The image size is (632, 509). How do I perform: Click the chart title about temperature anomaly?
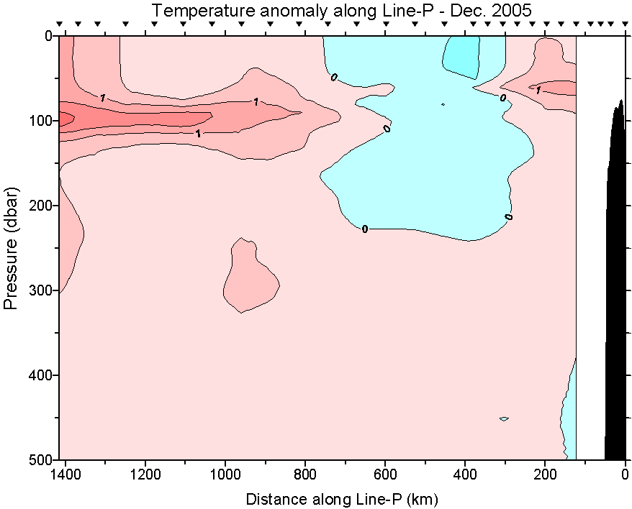341,11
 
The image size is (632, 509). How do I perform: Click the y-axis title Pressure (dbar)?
11,249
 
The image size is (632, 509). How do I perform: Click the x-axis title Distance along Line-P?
342,498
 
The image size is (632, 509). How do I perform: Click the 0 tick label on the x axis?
625,475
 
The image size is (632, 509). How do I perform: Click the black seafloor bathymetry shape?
616,288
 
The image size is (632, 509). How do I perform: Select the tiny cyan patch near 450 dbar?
504,418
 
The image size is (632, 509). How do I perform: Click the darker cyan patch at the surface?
462,54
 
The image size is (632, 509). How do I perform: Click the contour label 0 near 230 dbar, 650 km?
365,229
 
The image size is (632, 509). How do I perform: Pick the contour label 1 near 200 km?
538,90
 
